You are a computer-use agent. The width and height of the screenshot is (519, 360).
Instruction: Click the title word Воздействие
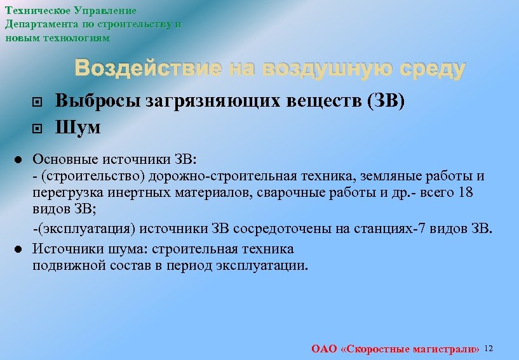[148, 69]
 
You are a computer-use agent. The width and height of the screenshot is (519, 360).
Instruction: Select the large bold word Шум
[78, 128]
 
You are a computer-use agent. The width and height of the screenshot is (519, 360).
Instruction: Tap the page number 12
[489, 348]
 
